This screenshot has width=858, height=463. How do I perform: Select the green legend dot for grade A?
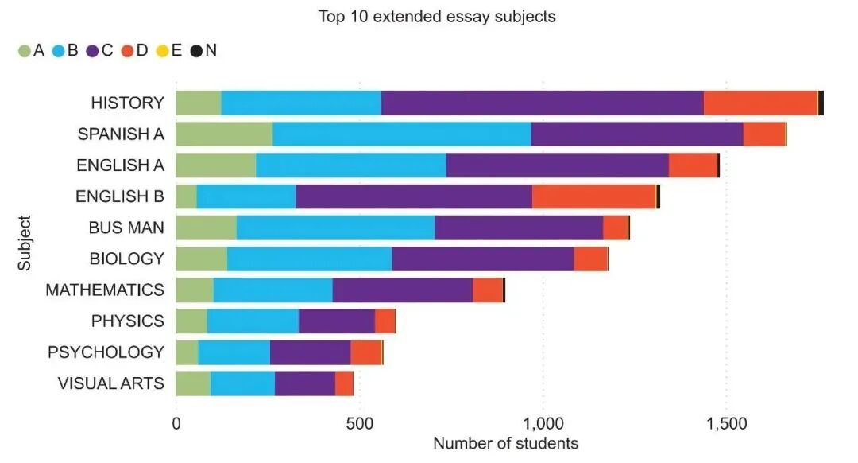click(x=24, y=51)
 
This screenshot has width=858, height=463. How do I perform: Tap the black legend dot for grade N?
click(x=196, y=51)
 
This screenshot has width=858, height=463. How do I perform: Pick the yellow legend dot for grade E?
click(x=162, y=51)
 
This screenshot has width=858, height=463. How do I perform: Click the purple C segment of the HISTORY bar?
click(x=542, y=103)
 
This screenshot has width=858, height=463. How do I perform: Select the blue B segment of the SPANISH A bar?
click(x=401, y=134)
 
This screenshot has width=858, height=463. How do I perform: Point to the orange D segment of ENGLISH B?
click(x=593, y=196)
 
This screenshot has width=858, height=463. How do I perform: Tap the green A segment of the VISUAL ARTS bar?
click(x=193, y=383)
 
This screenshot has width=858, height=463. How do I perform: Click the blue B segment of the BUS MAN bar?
click(x=335, y=228)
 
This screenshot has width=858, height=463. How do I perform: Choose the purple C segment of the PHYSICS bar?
click(x=336, y=321)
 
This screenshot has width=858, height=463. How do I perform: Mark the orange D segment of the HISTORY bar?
click(x=760, y=103)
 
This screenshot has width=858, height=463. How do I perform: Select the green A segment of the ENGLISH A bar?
click(x=215, y=165)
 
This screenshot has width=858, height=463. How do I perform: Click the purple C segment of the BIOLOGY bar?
click(x=482, y=259)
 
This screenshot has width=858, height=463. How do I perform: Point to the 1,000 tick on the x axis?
click(x=543, y=424)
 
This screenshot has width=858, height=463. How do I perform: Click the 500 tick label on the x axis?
click(x=359, y=424)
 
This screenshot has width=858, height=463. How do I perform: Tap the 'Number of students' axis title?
click(x=505, y=443)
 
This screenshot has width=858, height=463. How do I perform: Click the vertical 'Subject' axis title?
click(x=25, y=243)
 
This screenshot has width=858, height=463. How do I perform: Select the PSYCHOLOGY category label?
click(x=106, y=352)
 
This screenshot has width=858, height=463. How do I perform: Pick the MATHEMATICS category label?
click(x=105, y=290)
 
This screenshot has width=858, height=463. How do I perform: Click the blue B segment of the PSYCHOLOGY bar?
click(x=234, y=352)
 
